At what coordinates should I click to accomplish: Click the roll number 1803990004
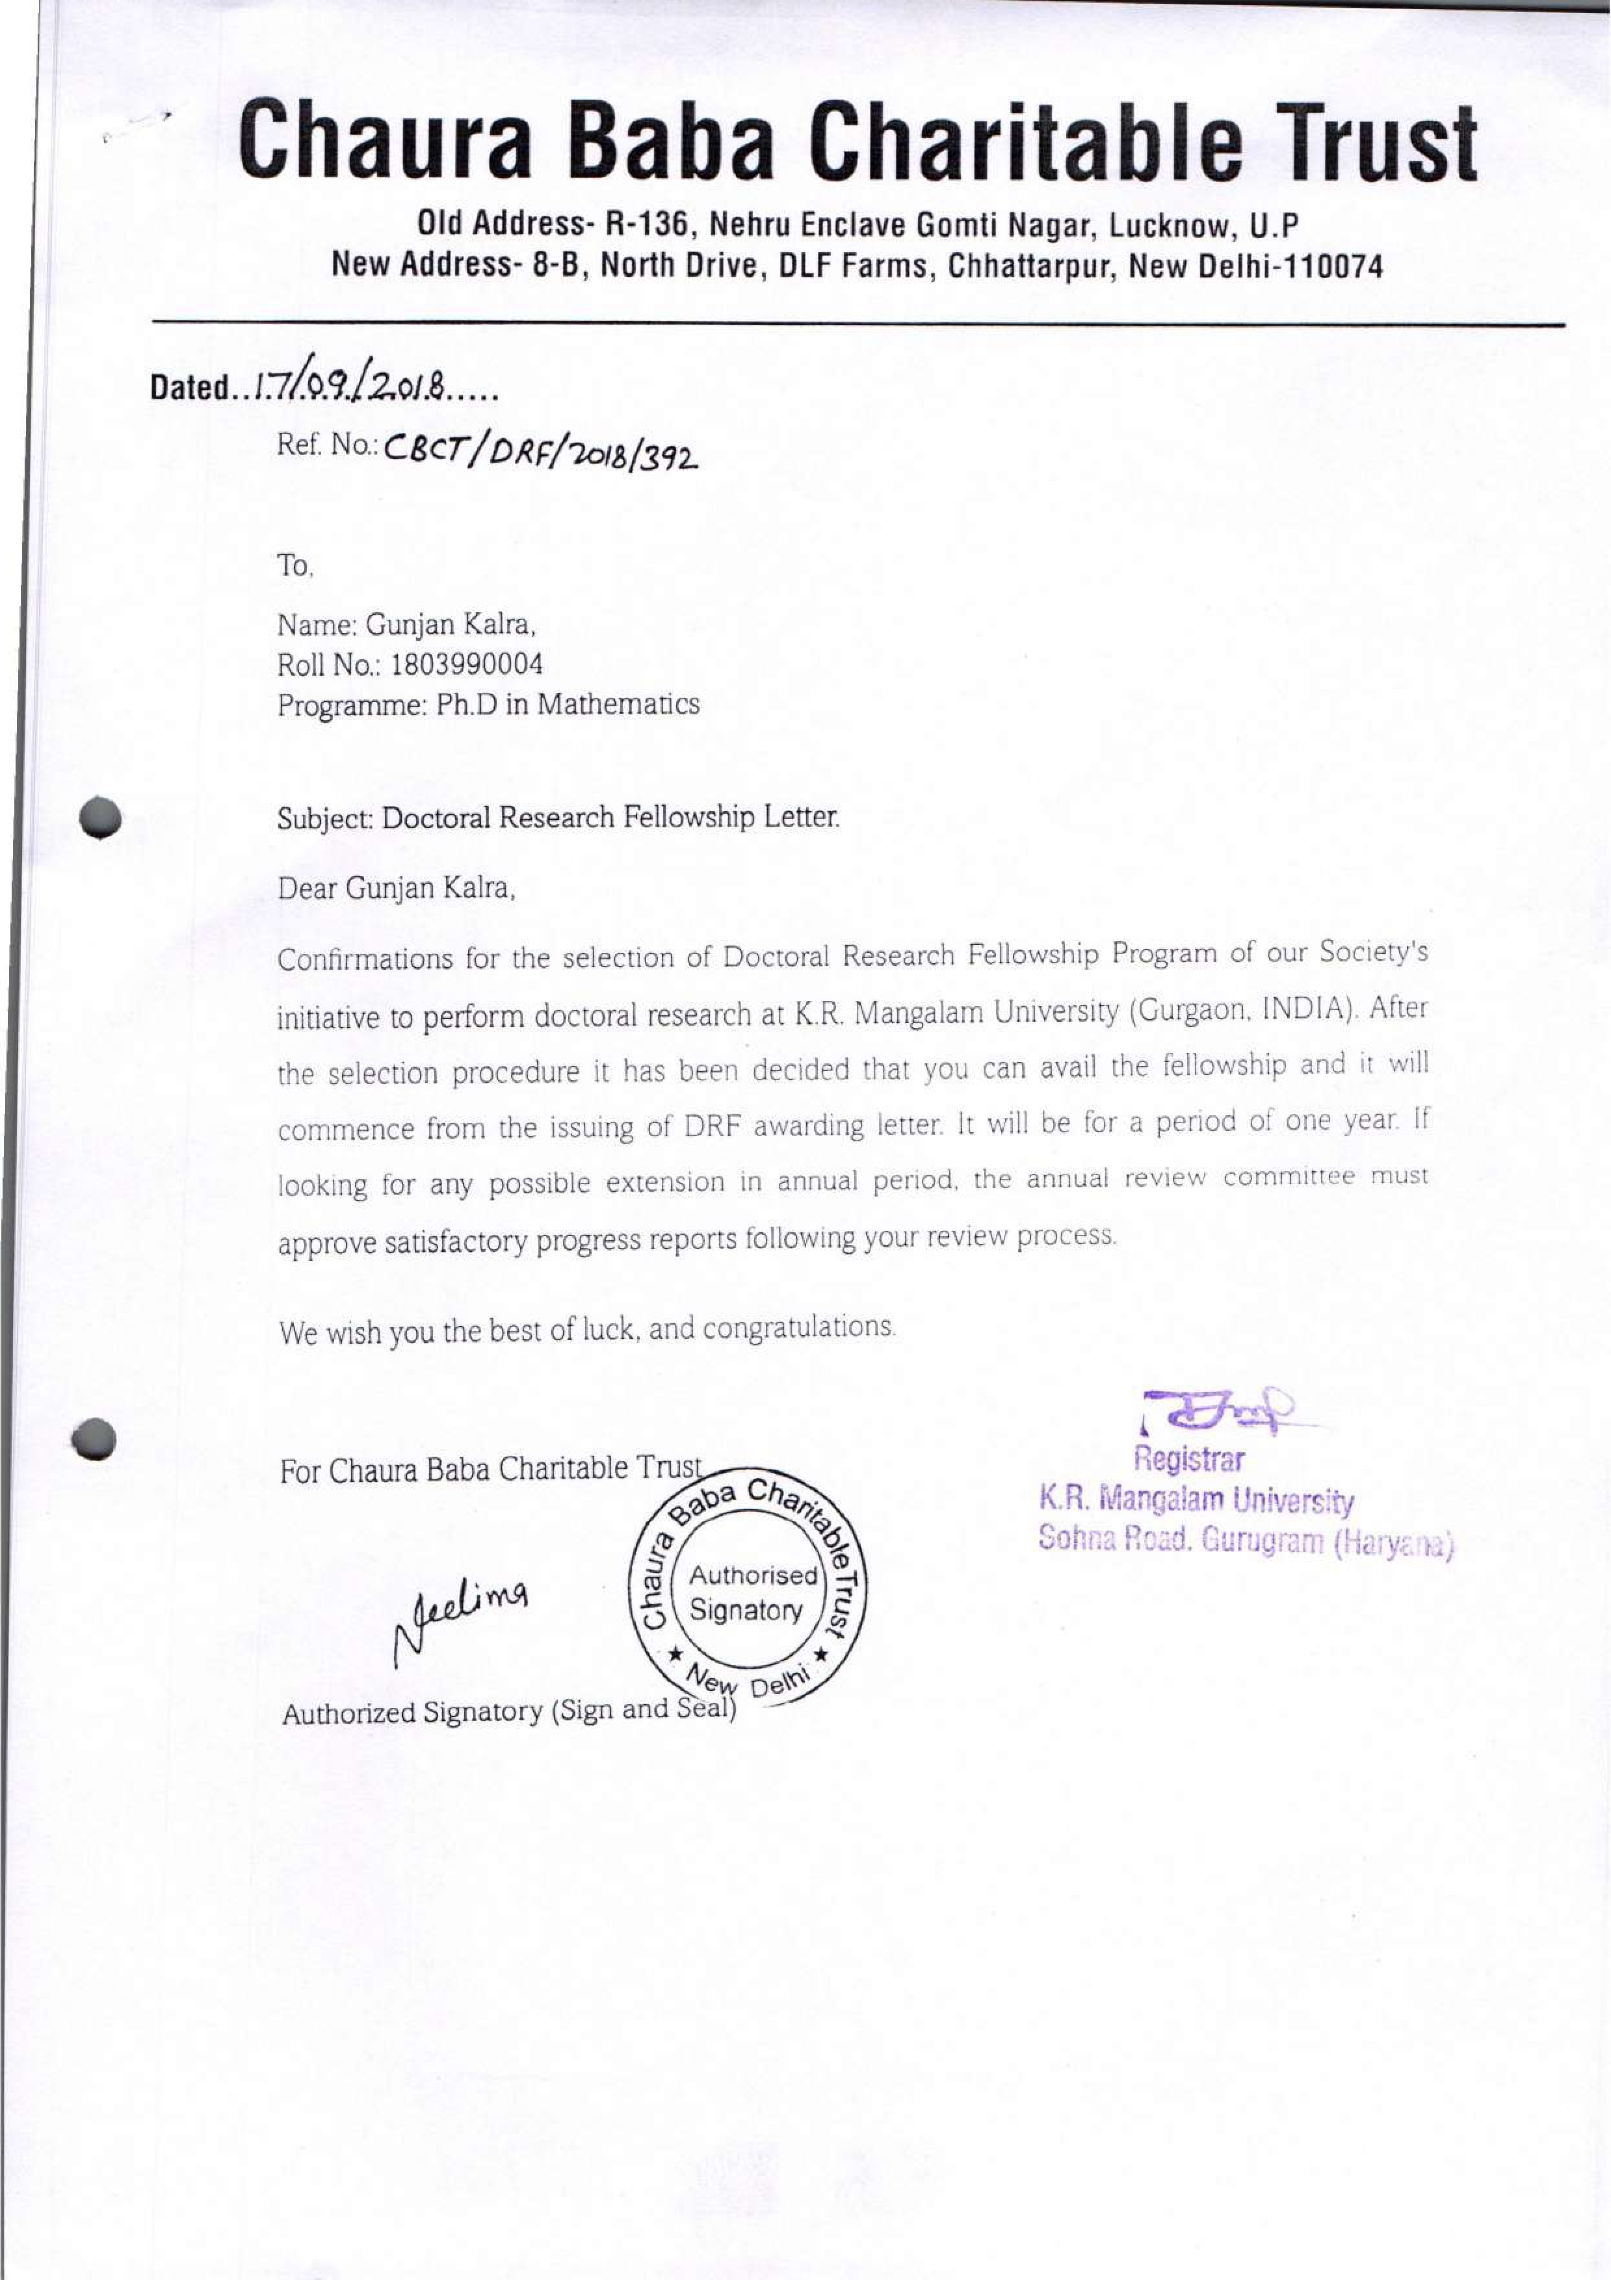pos(467,664)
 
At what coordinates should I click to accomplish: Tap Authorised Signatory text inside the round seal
pos(752,1592)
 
